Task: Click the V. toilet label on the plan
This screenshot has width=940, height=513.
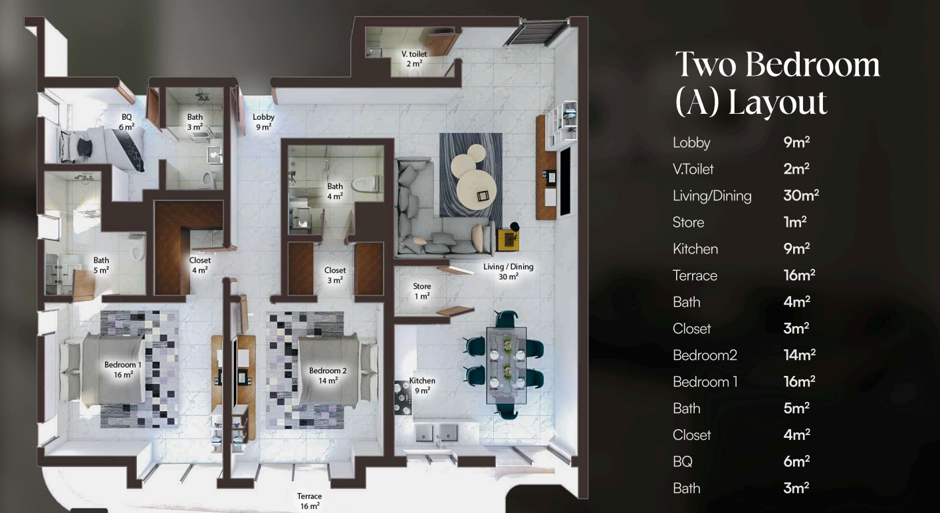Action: tap(413, 59)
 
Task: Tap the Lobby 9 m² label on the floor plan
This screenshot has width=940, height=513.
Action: tap(263, 122)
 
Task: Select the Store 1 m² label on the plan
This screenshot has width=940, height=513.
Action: tap(421, 291)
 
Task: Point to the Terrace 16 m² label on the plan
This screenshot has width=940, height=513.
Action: tap(310, 501)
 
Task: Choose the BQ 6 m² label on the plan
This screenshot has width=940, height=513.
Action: tap(127, 122)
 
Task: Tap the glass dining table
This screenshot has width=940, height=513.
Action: tap(507, 365)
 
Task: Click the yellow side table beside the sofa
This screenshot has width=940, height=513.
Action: tap(508, 240)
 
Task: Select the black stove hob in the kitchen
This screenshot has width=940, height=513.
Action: tap(403, 397)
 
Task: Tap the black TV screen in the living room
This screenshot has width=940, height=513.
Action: tap(566, 182)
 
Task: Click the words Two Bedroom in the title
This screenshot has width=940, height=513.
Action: tap(777, 65)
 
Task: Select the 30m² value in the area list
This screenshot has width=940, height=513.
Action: tap(801, 196)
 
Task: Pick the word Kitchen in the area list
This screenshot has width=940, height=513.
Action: tap(695, 249)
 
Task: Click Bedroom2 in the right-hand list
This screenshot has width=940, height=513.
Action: tap(705, 355)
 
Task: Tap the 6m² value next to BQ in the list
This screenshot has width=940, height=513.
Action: tap(796, 461)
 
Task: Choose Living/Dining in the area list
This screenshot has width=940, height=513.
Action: tap(712, 196)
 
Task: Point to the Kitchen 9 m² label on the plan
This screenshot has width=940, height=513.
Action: tap(422, 386)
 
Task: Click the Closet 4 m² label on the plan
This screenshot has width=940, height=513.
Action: tap(199, 265)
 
